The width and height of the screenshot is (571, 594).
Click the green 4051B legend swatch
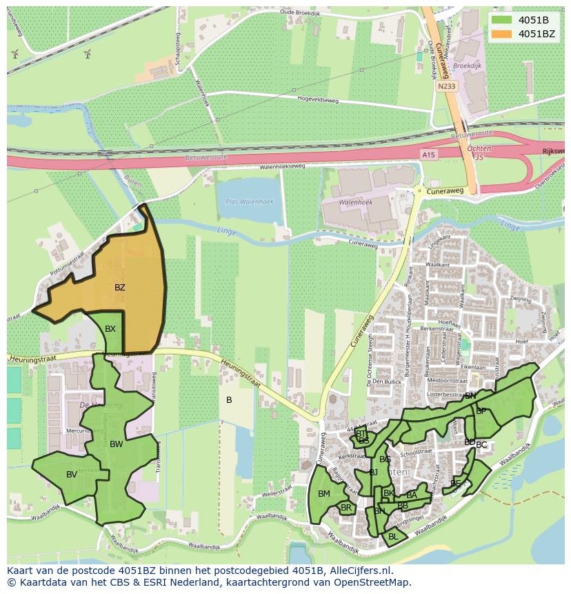[x=501, y=19]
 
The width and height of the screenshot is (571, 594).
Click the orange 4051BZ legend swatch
[x=501, y=33]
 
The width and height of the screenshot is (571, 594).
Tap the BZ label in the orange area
[x=120, y=288]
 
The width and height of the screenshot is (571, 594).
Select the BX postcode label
[x=110, y=329]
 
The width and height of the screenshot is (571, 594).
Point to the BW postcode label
[x=116, y=444]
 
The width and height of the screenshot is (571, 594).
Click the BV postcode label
[x=72, y=475]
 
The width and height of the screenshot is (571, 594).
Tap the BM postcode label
[x=324, y=494]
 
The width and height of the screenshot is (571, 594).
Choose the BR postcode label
[x=346, y=508]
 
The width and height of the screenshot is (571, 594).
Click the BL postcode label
[x=393, y=536]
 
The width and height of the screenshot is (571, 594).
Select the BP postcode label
[x=481, y=411]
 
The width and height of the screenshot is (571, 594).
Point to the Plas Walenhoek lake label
[x=250, y=201]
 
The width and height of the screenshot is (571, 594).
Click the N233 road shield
[x=446, y=86]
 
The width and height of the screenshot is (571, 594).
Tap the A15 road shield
[x=428, y=156]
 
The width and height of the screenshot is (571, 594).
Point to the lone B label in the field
[x=229, y=400]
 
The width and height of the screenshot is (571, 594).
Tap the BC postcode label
[x=481, y=445]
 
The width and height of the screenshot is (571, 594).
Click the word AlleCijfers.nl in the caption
[x=359, y=571]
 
